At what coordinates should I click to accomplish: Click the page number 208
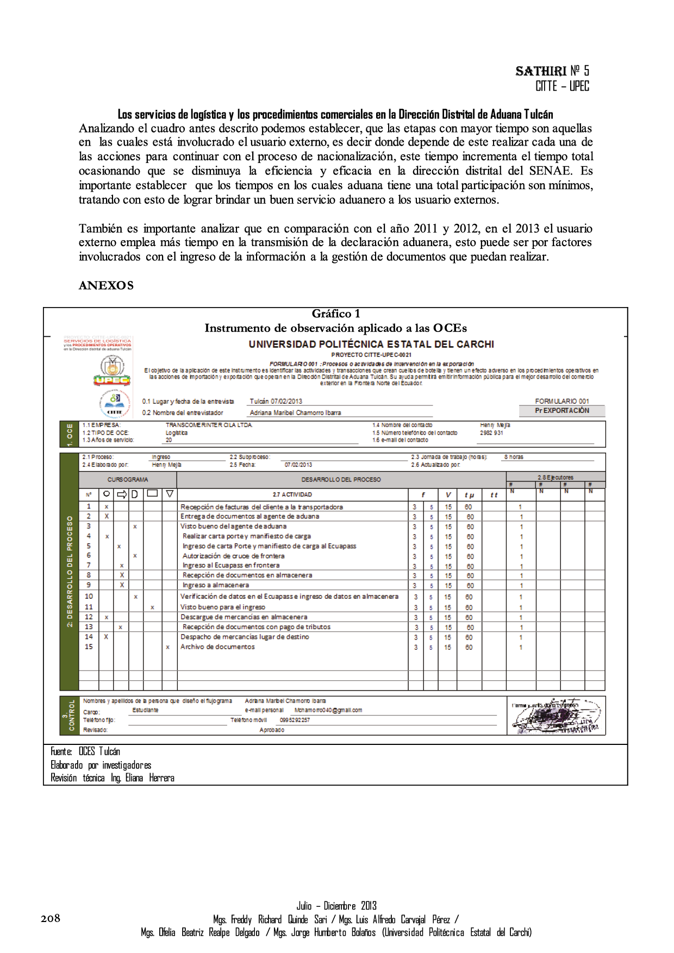50,918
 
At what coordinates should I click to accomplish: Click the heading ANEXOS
106,285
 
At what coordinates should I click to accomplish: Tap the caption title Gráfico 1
335,314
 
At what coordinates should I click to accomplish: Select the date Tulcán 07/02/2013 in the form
276,401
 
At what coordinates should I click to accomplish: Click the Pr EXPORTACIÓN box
562,411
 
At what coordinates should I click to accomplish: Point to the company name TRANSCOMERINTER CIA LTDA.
209,425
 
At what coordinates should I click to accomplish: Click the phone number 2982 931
491,433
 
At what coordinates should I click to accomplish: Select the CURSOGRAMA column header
128,480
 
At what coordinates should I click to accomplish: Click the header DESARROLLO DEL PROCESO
341,480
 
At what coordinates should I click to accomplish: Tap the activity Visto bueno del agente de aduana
233,526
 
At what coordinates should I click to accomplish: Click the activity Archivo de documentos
217,647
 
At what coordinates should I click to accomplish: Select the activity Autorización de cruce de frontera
233,556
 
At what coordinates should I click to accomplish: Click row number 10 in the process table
89,596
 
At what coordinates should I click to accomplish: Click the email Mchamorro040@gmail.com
328,710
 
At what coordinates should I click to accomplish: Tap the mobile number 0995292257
295,720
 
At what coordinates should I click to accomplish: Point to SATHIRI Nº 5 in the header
552,71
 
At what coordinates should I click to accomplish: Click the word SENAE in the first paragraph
550,171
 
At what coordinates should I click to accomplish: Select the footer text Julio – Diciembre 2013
336,906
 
